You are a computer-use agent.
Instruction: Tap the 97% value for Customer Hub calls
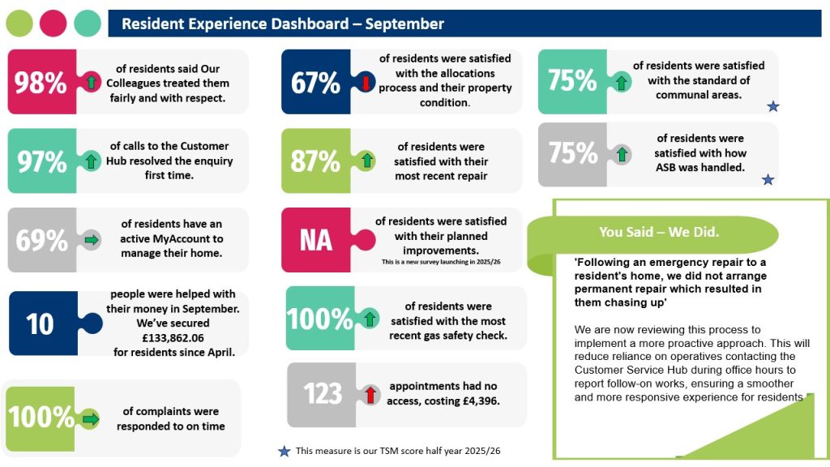42,161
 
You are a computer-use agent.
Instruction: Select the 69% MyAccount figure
42,240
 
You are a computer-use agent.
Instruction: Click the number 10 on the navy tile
40,324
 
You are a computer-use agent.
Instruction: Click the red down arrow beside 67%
366,82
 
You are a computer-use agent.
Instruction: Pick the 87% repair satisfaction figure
315,161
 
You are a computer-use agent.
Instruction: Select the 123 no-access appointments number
323,394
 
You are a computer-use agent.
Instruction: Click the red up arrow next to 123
370,395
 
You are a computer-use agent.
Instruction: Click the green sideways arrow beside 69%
92,240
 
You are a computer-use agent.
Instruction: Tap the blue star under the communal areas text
772,106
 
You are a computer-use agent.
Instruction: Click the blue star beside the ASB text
768,179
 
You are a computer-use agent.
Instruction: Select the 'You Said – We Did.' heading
658,232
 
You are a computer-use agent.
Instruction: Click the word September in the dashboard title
404,24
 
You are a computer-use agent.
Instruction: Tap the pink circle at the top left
53,24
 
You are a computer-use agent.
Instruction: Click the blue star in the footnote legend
284,452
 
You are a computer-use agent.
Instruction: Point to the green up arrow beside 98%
91,82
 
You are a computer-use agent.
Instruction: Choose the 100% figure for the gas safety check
320,319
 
